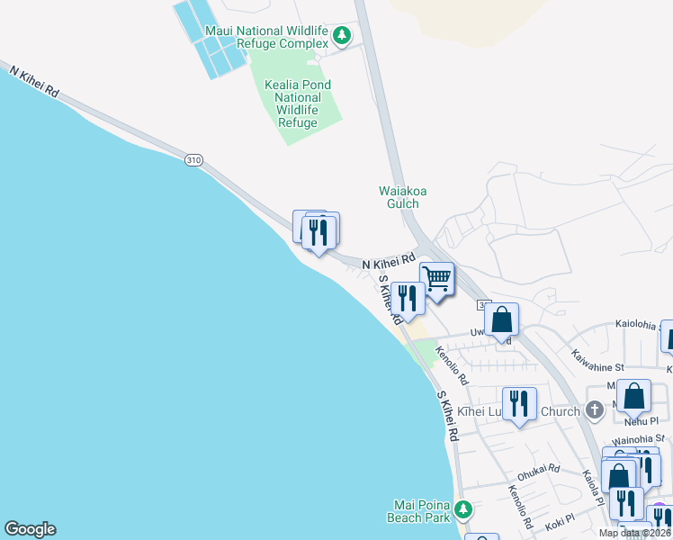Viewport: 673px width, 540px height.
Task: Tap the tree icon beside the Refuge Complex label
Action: coord(341,36)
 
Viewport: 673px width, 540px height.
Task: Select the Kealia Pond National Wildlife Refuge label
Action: coord(298,103)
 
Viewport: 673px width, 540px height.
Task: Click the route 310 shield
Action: coord(193,159)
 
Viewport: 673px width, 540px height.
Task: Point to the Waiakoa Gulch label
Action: coord(398,196)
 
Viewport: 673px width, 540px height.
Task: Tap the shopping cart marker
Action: coord(436,279)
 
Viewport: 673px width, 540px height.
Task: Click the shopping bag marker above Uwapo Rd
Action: coord(502,319)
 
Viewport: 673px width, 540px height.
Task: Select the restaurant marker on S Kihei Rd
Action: coord(408,299)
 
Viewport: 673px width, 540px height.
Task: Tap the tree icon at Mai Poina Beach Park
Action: coord(463,509)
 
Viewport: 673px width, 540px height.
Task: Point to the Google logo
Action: coord(30,529)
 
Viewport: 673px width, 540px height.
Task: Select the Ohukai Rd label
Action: coord(539,472)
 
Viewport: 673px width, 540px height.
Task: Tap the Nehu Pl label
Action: coord(642,420)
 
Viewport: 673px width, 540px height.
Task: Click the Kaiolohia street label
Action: coord(641,323)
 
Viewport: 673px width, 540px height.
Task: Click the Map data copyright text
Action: coord(634,533)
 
